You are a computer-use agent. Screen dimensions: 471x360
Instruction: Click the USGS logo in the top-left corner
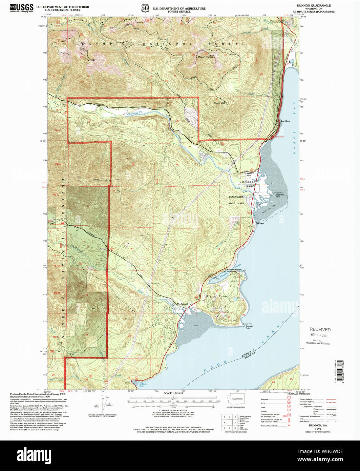point(22,8)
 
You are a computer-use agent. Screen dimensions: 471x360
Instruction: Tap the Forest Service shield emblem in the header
point(145,8)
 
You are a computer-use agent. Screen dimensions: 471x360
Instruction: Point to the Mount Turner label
point(206,57)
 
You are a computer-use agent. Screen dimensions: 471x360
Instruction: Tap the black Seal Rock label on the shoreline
point(285,121)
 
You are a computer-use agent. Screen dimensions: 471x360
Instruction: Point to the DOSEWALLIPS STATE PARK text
point(236,200)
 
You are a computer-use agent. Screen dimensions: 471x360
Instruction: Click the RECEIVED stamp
point(320,329)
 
